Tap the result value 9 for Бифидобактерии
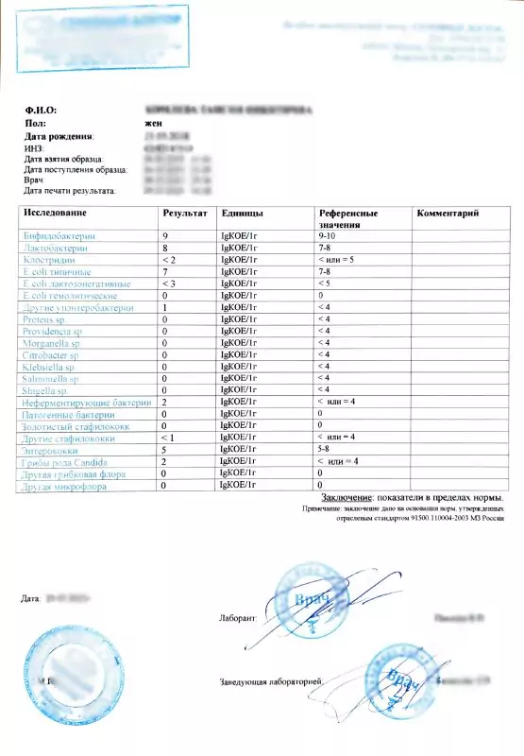166,234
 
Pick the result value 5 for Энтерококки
166,451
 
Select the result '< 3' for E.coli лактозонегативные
170,283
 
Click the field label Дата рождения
59,136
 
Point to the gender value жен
151,123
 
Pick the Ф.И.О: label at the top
41,111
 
